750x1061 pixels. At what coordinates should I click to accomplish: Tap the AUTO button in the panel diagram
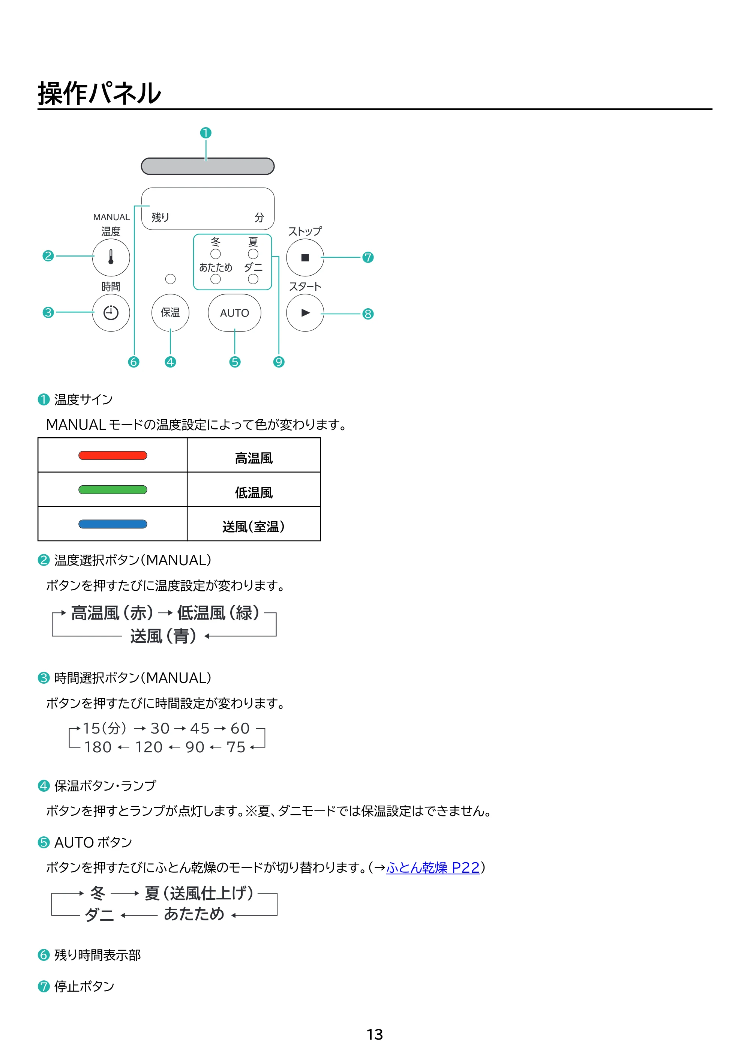point(234,313)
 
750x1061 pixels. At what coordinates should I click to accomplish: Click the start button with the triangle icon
point(305,313)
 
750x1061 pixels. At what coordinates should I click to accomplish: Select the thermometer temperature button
point(111,257)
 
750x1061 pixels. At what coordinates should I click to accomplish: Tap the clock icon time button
point(111,313)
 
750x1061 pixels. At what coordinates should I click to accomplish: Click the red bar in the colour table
point(113,456)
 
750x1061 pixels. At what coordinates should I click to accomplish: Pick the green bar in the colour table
point(113,490)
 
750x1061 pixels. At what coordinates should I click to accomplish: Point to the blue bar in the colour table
point(113,524)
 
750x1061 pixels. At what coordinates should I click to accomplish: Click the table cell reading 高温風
point(254,455)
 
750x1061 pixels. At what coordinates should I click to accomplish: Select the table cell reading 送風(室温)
point(254,524)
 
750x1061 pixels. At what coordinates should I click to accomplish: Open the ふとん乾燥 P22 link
point(433,868)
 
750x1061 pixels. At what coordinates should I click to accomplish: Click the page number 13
point(375,1034)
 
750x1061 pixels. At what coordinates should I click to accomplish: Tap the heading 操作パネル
point(99,93)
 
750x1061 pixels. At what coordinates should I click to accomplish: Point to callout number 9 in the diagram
point(279,362)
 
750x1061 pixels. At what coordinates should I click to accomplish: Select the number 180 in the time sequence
point(98,747)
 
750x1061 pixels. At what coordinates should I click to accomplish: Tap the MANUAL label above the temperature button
point(111,217)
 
